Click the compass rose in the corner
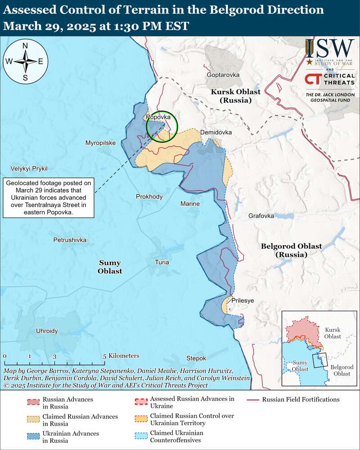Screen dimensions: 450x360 [25, 62]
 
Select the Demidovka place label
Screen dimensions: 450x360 [216, 133]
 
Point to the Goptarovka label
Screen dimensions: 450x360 [223, 75]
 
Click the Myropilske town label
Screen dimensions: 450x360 [100, 143]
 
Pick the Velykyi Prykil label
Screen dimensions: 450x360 [29, 169]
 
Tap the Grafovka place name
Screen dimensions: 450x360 [261, 216]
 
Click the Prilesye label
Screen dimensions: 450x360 [243, 300]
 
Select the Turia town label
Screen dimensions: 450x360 [162, 262]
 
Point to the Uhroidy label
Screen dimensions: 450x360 [47, 331]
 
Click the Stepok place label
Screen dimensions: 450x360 [196, 358]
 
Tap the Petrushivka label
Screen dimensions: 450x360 [70, 240]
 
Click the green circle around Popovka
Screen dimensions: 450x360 [161, 126]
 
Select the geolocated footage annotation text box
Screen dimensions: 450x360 [49, 198]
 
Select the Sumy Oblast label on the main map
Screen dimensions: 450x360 [110, 267]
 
